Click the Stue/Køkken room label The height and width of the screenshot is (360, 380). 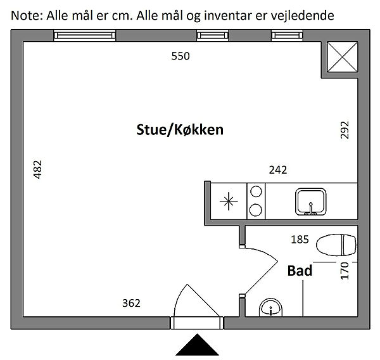(x=180, y=131)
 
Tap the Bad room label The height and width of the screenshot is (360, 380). (x=300, y=271)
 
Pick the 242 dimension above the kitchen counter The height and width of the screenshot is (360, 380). (x=278, y=170)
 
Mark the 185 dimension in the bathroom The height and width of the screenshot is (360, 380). (x=300, y=240)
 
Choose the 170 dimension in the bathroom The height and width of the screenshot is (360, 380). (x=345, y=271)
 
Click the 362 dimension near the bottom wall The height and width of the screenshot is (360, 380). (x=130, y=303)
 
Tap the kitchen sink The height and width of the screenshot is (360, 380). (x=310, y=202)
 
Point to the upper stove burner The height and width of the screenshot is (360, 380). (x=255, y=190)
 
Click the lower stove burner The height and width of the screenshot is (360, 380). (x=255, y=209)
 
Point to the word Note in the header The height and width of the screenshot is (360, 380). (x=26, y=14)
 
